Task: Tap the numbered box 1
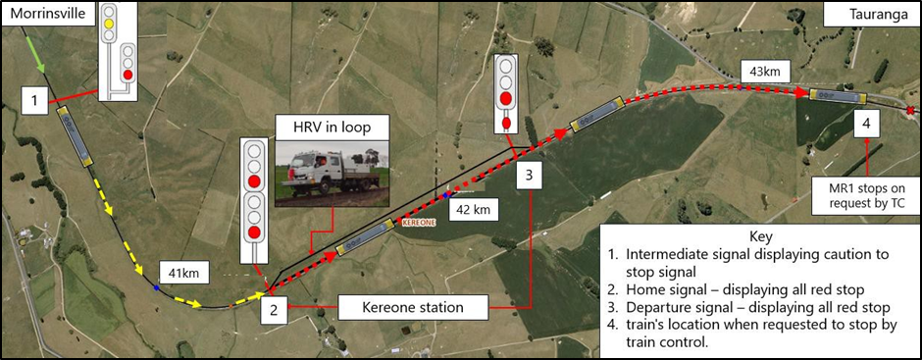(34, 99)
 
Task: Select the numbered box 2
(274, 311)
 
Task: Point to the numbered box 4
(866, 124)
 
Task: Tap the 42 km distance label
(471, 208)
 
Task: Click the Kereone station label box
(401, 307)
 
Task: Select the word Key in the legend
(760, 236)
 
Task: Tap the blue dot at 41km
(157, 288)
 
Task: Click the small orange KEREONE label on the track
(411, 223)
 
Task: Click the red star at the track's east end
(911, 109)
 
